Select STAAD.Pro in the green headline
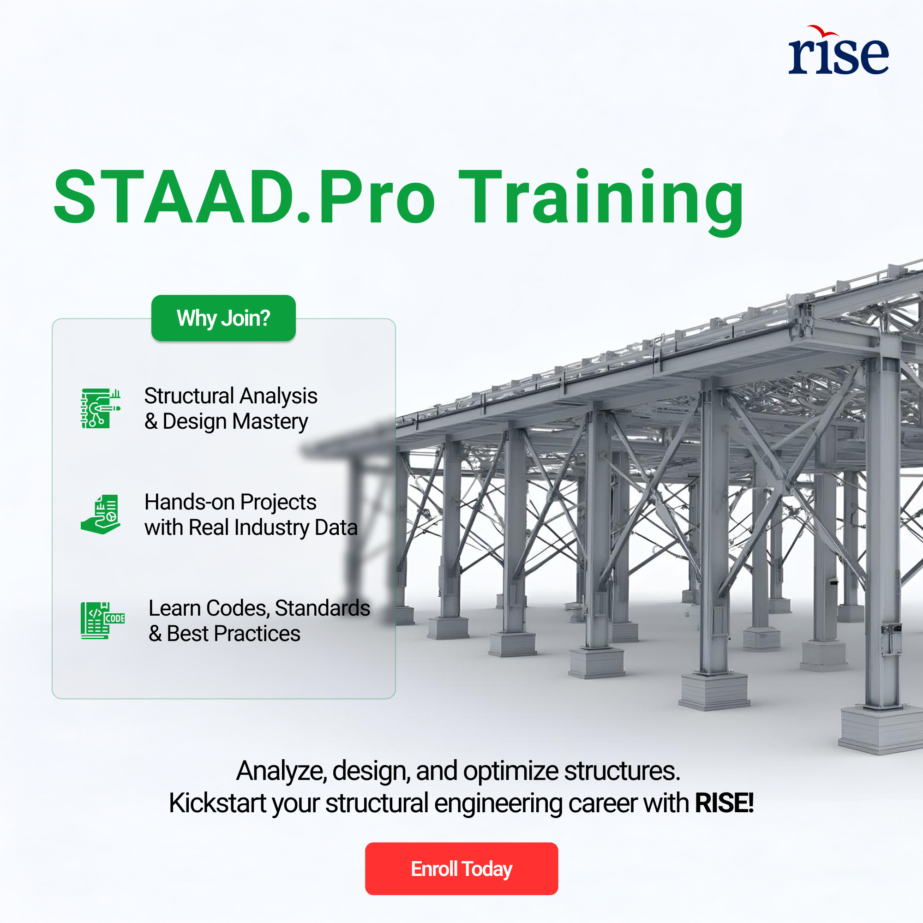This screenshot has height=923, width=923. (244, 197)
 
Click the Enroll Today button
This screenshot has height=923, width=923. (461, 869)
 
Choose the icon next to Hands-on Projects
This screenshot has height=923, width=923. (101, 515)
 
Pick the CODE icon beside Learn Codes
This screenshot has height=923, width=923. (103, 621)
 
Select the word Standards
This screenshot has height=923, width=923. (323, 608)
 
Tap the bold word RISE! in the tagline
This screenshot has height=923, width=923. (724, 803)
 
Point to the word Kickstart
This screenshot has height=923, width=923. (217, 803)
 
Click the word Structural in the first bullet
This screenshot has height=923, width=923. (189, 396)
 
